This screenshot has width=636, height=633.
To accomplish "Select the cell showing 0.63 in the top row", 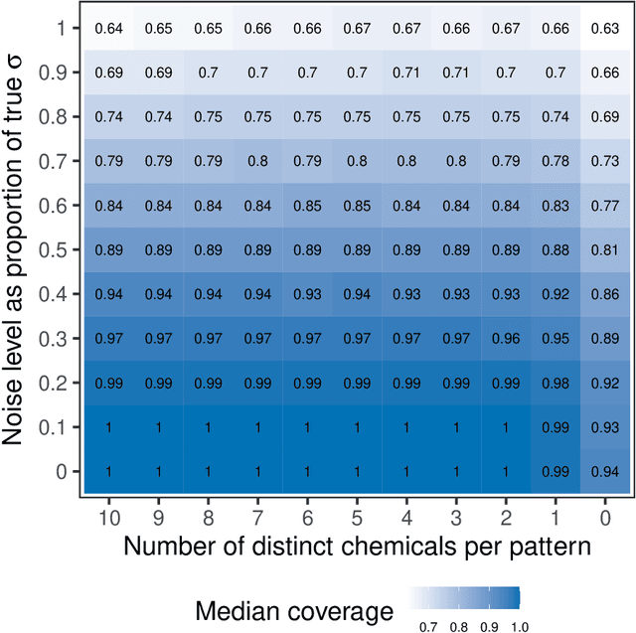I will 604,28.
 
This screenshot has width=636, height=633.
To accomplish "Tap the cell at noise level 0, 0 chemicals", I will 604,471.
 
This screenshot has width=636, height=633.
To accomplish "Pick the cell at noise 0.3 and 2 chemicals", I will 506,338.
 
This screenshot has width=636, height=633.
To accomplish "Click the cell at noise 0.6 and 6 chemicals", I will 307,205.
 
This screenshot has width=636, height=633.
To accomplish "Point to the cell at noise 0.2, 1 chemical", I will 556,383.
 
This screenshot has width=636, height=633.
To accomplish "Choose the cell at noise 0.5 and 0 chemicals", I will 604,249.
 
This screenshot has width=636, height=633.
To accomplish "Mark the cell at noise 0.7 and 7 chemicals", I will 257,161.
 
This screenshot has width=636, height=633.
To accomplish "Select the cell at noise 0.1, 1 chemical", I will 556,426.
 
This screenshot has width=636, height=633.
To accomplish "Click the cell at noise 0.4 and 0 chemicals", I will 604,294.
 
